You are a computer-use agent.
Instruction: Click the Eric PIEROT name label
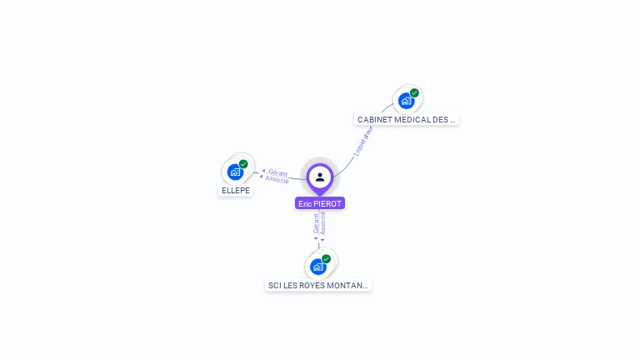(x=320, y=203)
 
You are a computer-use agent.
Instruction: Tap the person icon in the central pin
(x=320, y=177)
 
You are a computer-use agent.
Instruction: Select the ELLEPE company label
(x=235, y=190)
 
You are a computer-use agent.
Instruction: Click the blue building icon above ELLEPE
(x=235, y=172)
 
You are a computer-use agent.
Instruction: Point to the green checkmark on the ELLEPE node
(x=243, y=164)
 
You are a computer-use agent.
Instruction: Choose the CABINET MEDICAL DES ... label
(x=407, y=119)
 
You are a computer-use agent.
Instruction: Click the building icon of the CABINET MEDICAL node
(x=406, y=101)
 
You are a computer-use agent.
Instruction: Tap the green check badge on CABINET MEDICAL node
(x=414, y=93)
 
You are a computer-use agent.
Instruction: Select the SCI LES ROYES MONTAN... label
(x=317, y=285)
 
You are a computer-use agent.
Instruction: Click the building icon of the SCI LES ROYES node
(x=317, y=267)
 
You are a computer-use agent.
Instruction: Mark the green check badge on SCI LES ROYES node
(x=326, y=259)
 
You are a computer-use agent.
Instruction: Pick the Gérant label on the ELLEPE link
(x=278, y=172)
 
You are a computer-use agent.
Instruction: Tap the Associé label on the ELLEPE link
(x=277, y=179)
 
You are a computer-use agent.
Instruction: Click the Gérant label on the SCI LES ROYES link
(x=316, y=224)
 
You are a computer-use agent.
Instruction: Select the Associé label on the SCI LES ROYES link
(x=323, y=222)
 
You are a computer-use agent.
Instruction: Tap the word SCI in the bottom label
(x=275, y=285)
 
